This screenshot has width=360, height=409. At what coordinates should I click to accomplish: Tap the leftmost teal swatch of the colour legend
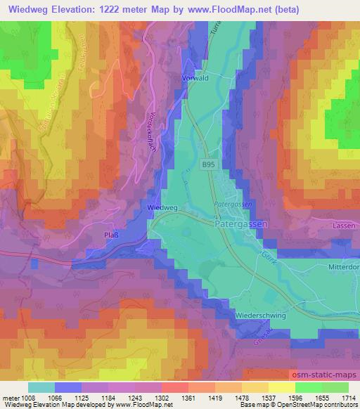41,387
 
